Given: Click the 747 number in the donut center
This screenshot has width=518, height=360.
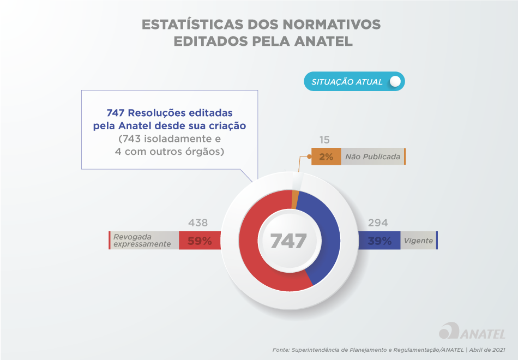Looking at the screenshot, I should (x=288, y=241).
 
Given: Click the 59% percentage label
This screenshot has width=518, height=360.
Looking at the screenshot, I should (x=200, y=241).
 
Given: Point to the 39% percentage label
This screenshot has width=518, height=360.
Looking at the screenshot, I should (x=379, y=241).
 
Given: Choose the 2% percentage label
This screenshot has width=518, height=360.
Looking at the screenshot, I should (x=326, y=157).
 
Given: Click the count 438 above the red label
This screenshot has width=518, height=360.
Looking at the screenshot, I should (x=198, y=223).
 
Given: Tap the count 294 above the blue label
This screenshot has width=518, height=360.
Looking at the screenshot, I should (x=377, y=223).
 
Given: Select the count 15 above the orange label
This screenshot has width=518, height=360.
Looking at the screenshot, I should (x=324, y=140).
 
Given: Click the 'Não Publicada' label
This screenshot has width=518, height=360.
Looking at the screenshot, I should (x=372, y=157).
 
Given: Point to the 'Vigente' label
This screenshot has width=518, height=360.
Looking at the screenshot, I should (x=418, y=241).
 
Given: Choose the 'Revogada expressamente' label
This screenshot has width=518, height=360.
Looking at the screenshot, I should (x=142, y=241).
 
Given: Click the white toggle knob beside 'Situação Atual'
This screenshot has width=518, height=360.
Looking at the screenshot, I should (x=395, y=82).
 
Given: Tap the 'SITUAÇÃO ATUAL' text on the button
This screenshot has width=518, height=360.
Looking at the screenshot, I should (x=347, y=82).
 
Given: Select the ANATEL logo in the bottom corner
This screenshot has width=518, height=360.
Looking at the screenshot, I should (x=472, y=332).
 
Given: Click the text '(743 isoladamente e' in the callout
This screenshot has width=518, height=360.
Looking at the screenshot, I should (x=170, y=139).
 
